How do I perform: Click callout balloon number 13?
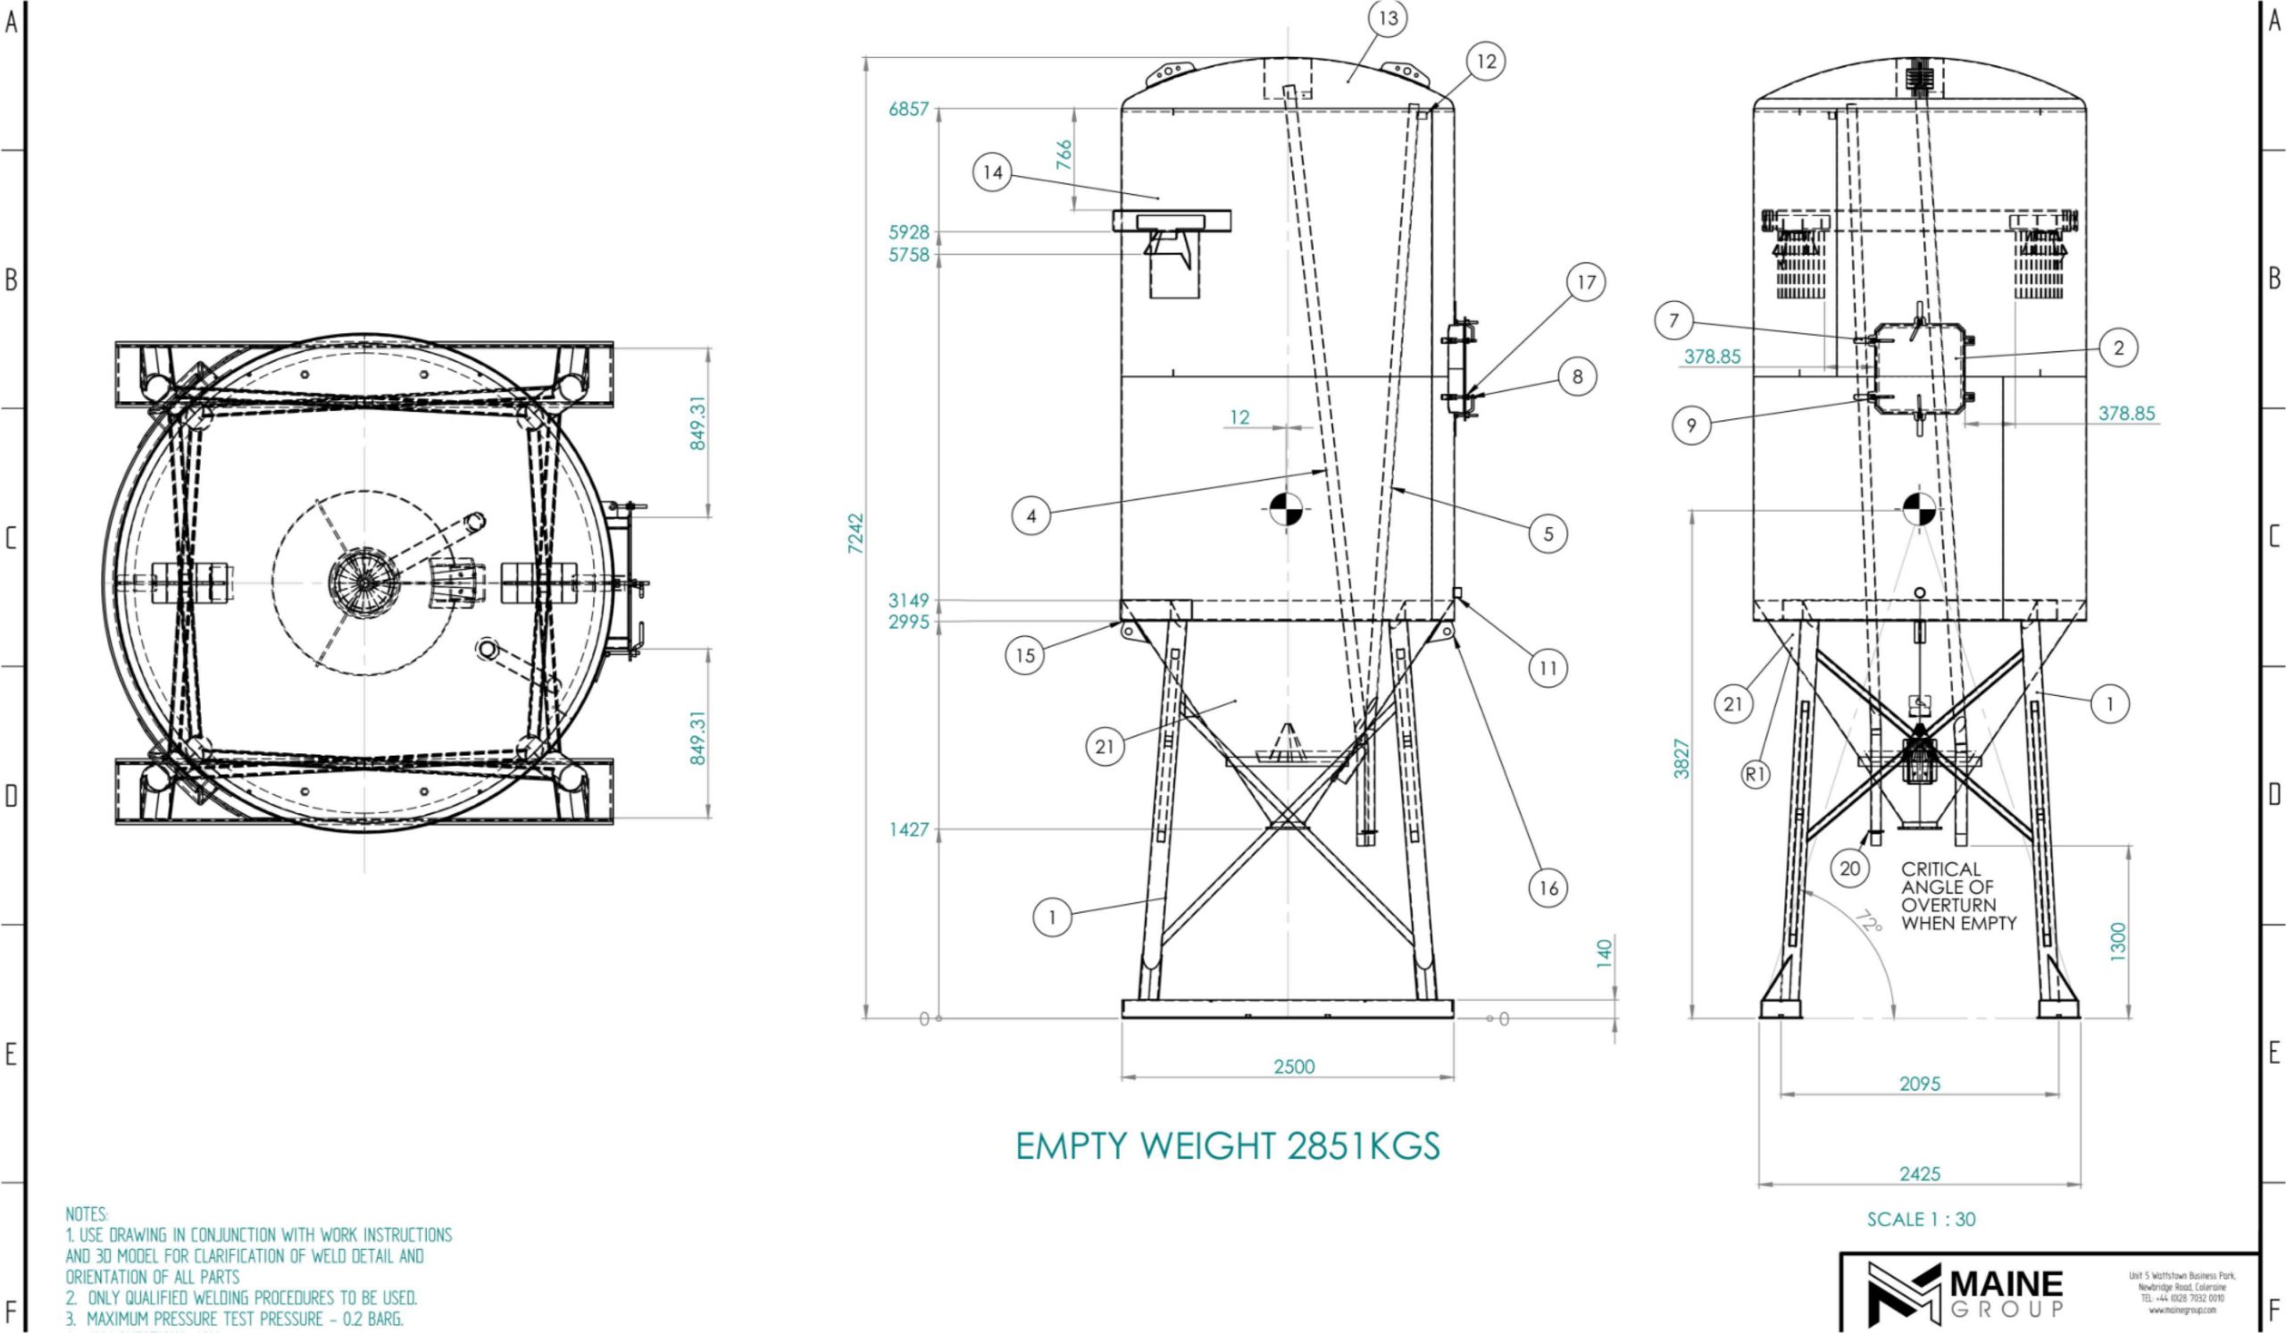click(1388, 18)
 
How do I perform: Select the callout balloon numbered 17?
click(1586, 282)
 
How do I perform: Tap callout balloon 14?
click(992, 172)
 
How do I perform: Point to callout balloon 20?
click(1849, 868)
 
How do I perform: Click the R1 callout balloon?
click(1756, 774)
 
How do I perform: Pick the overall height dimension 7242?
click(855, 533)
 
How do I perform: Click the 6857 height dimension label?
click(908, 109)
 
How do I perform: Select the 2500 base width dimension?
click(1294, 1066)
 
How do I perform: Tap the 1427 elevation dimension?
click(908, 829)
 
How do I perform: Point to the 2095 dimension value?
click(1920, 1084)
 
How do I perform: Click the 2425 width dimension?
click(1920, 1173)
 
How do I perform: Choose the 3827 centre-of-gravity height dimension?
click(1681, 759)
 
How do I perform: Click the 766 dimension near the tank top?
click(1064, 155)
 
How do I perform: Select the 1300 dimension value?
click(2117, 941)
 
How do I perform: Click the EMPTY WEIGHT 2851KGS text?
click(1226, 1146)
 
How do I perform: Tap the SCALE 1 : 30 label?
click(1921, 1220)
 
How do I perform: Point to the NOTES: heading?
click(87, 1214)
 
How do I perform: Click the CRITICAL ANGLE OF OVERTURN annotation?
click(1958, 896)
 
